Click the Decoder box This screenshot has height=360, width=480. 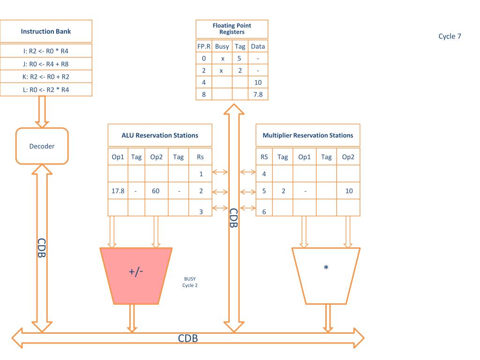click(x=42, y=146)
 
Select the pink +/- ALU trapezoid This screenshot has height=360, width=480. click(x=136, y=276)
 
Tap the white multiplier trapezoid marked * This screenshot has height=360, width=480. click(x=326, y=276)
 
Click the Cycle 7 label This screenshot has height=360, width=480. click(x=450, y=36)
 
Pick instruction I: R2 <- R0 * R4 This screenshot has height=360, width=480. click(x=46, y=51)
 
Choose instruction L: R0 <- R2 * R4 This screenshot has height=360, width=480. click(x=46, y=90)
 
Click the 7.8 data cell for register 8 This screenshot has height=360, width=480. click(x=258, y=94)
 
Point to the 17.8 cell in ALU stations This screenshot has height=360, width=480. click(x=118, y=191)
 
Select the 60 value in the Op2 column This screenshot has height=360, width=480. click(x=156, y=191)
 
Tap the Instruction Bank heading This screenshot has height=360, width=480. click(x=46, y=31)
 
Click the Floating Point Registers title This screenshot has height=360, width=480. click(x=232, y=29)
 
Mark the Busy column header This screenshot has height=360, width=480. click(x=222, y=46)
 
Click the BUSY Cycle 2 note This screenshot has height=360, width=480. click(x=190, y=282)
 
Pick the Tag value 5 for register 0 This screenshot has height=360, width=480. click(x=239, y=58)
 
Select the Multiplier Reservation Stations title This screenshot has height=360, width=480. click(x=308, y=135)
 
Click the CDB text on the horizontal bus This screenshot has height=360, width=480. click(x=188, y=338)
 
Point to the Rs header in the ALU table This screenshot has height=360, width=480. click(x=200, y=157)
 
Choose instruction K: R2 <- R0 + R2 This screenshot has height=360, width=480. click(x=46, y=76)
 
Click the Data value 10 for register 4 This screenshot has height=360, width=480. click(x=258, y=82)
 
